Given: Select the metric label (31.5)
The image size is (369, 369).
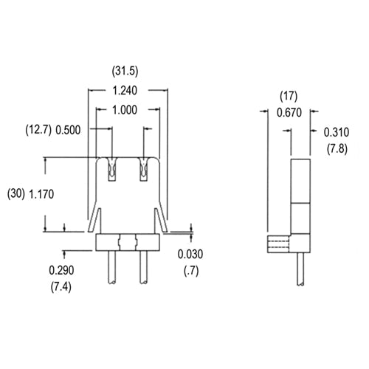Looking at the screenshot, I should coord(126,72).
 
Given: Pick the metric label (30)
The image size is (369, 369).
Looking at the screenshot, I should coord(15,194).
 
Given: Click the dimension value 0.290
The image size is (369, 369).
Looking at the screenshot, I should coord(64,269).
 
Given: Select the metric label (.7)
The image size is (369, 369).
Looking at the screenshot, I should coord(190,271).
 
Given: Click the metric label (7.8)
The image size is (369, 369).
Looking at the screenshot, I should coord(337,149).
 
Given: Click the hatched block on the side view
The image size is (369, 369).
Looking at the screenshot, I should coord(278,244).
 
